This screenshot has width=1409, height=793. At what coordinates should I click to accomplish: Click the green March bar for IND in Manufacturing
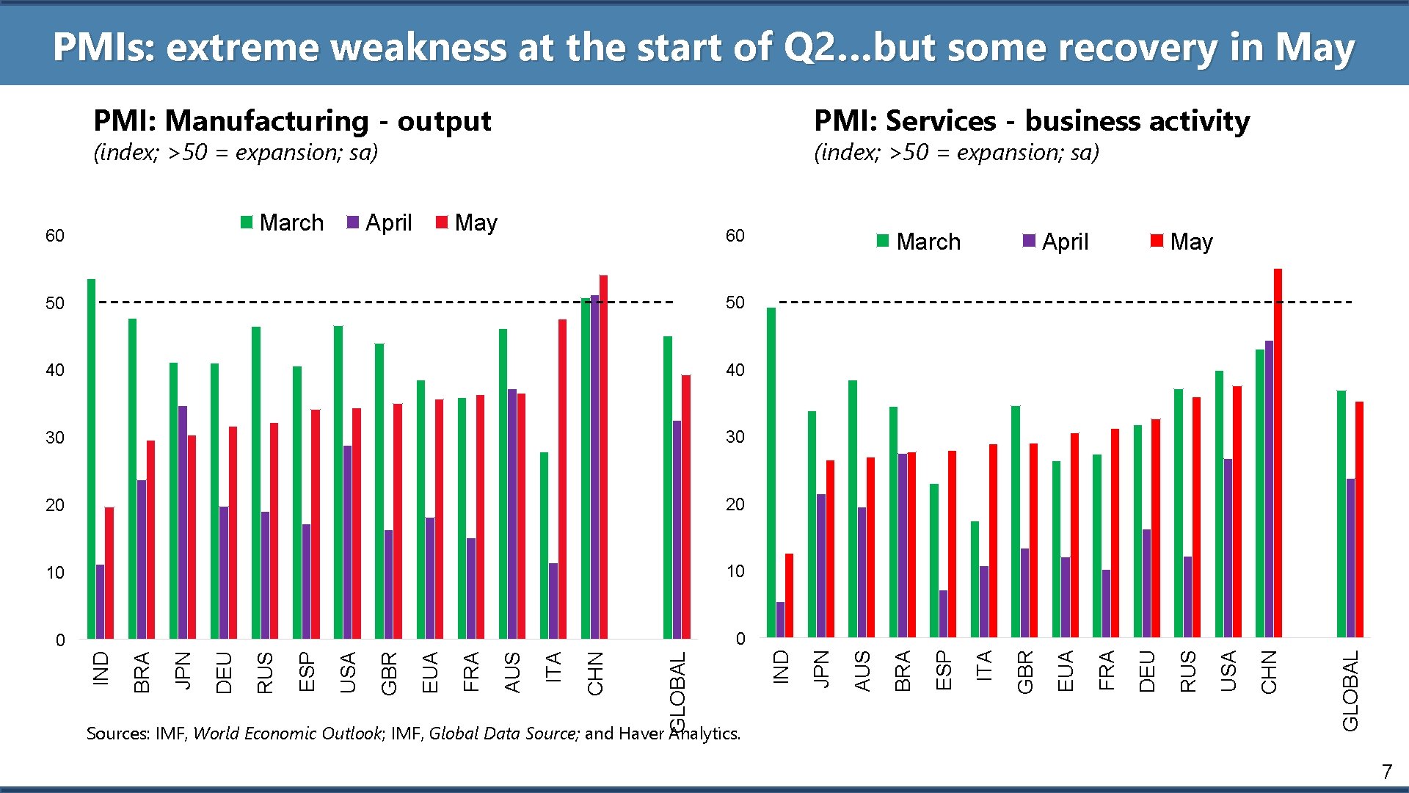coord(92,459)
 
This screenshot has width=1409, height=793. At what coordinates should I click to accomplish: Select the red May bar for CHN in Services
coord(1278,453)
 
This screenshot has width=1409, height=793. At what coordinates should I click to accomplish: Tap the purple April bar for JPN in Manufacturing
coord(183,522)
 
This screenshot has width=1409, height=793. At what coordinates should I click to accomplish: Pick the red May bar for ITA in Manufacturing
coord(562,479)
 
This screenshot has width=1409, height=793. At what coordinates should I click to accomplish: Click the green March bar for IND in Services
coord(771,472)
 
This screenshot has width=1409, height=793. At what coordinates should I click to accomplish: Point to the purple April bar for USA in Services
coord(1228,548)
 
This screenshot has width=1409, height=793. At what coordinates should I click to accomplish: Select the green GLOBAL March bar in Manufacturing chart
coord(668,488)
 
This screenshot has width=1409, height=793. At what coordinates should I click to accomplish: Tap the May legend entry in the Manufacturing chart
coord(467,222)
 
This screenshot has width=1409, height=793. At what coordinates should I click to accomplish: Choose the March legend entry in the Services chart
coord(919,242)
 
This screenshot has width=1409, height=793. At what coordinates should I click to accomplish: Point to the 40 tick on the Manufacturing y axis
coord(55,370)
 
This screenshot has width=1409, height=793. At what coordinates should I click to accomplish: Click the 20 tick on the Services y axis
coord(735,504)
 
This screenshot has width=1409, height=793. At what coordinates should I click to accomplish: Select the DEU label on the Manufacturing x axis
coord(224,673)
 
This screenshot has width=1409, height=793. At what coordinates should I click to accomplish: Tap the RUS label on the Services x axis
coord(1187,671)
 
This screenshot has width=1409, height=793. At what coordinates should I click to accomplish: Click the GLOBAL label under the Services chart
coord(1350,691)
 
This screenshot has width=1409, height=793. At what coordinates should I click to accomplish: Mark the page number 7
coord(1386,772)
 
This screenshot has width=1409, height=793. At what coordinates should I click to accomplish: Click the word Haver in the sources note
coord(642,733)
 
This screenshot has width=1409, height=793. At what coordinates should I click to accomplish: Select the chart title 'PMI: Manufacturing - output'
coord(292,120)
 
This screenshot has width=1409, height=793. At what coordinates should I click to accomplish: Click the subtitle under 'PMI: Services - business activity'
coord(956,152)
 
